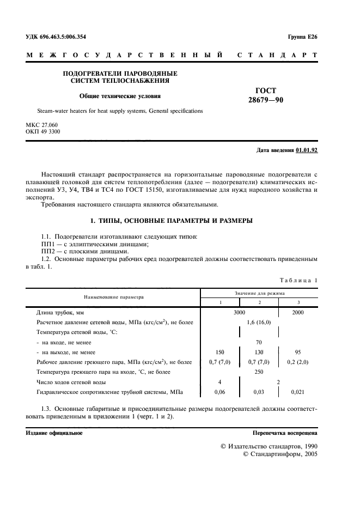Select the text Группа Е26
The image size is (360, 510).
(302, 37)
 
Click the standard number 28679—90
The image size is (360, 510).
(266, 100)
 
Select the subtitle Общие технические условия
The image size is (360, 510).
(120, 96)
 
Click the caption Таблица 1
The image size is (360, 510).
(298, 280)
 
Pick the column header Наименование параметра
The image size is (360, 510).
(113, 297)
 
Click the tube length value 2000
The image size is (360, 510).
(298, 313)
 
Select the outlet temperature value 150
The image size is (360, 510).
(221, 352)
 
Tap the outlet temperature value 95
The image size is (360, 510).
(298, 352)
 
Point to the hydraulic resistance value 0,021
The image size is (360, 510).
(298, 391)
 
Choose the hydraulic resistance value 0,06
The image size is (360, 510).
(221, 391)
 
